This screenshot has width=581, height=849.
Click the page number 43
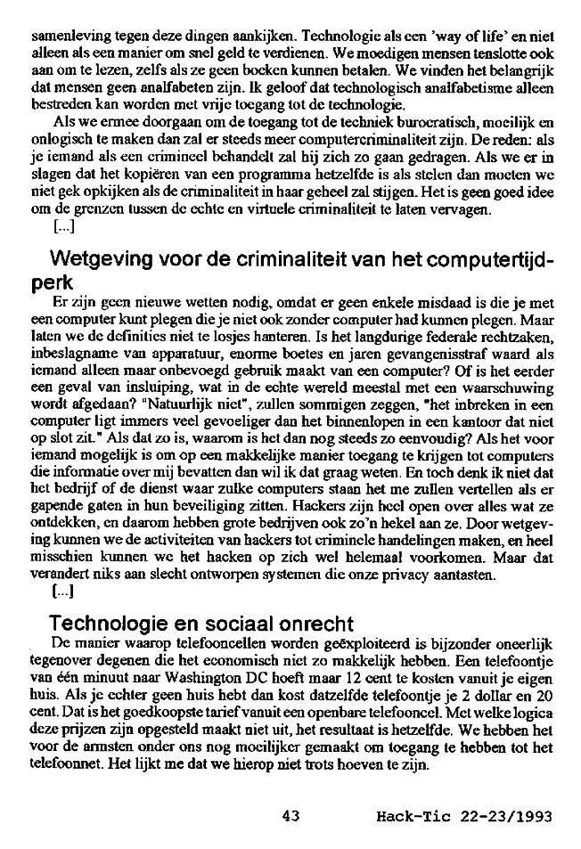(x=290, y=814)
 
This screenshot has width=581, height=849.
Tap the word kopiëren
(x=153, y=172)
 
